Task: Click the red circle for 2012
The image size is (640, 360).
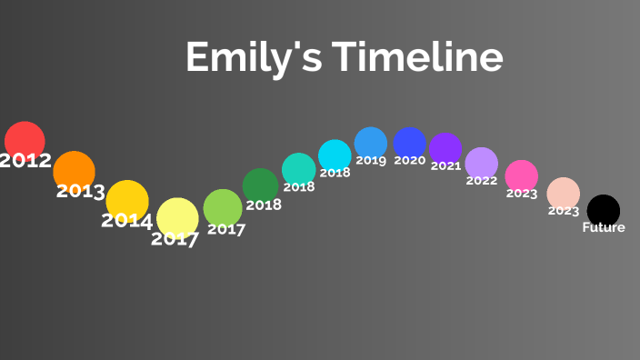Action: pyautogui.click(x=25, y=141)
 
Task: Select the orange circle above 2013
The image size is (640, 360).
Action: pyautogui.click(x=74, y=171)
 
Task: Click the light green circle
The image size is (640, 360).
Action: pyautogui.click(x=223, y=208)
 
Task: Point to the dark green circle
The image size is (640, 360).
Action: pyautogui.click(x=261, y=185)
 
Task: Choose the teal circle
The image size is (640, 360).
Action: pyautogui.click(x=298, y=169)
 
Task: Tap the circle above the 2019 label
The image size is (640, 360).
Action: pyautogui.click(x=371, y=143)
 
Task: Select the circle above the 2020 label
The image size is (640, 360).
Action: pyautogui.click(x=410, y=144)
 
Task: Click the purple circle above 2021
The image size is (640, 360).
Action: pyautogui.click(x=445, y=148)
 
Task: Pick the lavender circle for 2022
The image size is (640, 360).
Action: pyautogui.click(x=482, y=164)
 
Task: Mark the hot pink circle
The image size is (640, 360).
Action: pyautogui.click(x=522, y=175)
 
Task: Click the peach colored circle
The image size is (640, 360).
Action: pyautogui.click(x=564, y=193)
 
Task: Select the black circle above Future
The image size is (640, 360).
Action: pyautogui.click(x=604, y=210)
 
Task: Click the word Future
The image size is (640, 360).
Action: pyautogui.click(x=604, y=227)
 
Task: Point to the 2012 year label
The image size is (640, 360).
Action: pyautogui.click(x=25, y=161)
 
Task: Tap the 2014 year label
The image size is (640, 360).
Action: pyautogui.click(x=126, y=221)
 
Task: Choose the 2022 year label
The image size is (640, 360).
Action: pyautogui.click(x=482, y=181)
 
